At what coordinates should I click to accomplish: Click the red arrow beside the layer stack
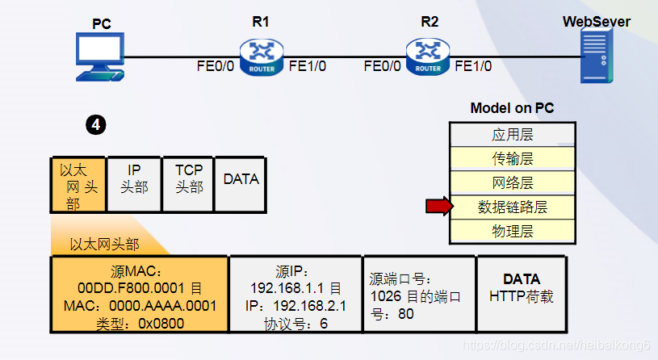pos(437,207)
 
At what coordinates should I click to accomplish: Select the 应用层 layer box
pos(512,134)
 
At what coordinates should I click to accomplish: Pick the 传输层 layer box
pos(512,158)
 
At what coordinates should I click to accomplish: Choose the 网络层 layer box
pos(512,182)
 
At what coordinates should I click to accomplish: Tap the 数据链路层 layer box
pos(512,207)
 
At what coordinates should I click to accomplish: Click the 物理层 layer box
pos(512,232)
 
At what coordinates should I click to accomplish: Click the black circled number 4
pos(95,125)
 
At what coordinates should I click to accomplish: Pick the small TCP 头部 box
pos(189,185)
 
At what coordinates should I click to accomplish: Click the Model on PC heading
pos(512,108)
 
